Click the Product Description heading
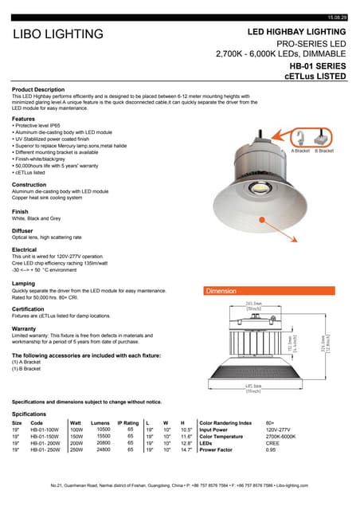[x=38, y=89]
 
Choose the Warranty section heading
[x=25, y=328]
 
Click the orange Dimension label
[x=221, y=291]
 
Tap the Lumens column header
[x=100, y=422]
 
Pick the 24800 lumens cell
[x=104, y=449]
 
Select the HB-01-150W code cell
[x=45, y=436]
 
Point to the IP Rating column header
[x=129, y=422]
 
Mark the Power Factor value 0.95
[x=271, y=449]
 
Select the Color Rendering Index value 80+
[x=271, y=422]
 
